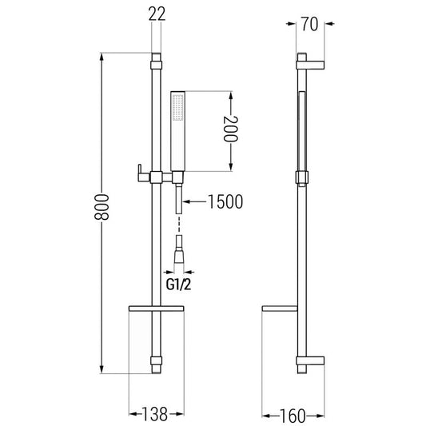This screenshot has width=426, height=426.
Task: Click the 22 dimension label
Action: (157, 14)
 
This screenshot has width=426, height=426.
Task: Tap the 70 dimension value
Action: (309, 24)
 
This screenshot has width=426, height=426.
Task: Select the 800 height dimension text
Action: (102, 207)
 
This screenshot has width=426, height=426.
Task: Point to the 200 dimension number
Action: (231, 129)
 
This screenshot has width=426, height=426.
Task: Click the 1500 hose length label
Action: (225, 202)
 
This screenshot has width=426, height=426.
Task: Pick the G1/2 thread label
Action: (178, 285)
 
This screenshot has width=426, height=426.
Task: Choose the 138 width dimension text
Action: (155, 414)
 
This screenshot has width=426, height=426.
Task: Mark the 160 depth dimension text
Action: (293, 416)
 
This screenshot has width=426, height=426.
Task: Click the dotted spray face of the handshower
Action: (178, 108)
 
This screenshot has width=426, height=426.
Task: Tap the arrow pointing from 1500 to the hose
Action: (195, 201)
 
